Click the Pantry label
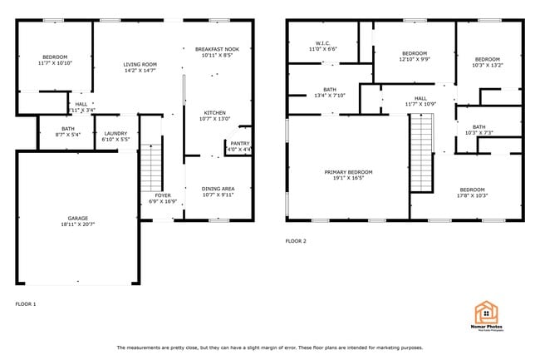[x=240, y=143]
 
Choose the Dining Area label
[x=218, y=189]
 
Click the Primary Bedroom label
[x=348, y=172]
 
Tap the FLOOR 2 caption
[x=296, y=241]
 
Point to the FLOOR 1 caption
[x=26, y=303]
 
